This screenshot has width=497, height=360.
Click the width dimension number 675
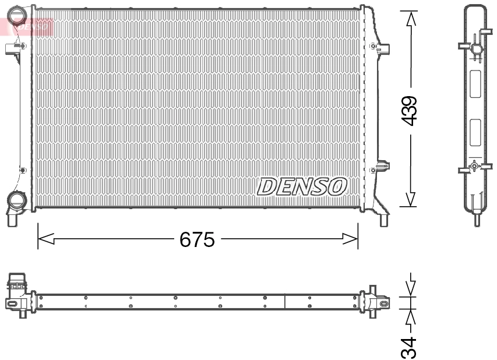(198, 239)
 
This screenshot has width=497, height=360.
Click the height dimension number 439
(411, 110)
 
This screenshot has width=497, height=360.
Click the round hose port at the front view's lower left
(15, 200)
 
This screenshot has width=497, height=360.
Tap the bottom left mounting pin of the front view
(13, 220)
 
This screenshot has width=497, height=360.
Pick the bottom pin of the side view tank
(476, 218)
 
